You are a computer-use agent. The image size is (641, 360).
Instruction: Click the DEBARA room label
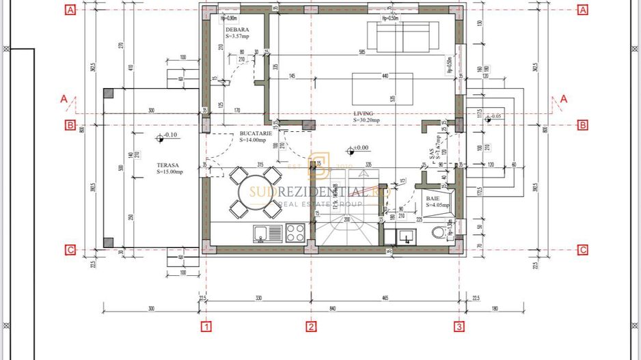point(237,30)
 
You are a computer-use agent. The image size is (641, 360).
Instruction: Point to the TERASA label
point(167,165)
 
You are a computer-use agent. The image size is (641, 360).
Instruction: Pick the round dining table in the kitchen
point(255,191)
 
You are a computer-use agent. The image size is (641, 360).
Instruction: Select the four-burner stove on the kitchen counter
point(295,233)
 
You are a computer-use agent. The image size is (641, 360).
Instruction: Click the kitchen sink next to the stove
point(267,233)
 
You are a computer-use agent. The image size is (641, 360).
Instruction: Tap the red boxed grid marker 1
point(206,327)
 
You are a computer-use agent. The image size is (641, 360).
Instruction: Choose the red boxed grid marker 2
point(312,327)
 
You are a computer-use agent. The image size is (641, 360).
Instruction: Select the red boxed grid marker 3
point(459,327)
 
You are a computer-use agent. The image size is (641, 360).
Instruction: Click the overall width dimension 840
point(332,309)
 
